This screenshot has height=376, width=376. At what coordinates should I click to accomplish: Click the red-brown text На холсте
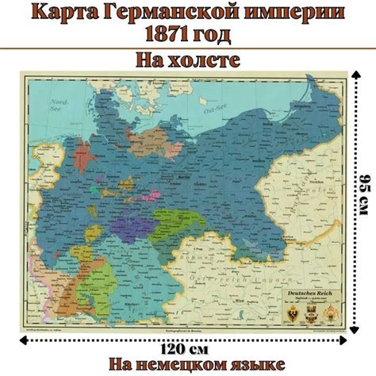tap(187, 60)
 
